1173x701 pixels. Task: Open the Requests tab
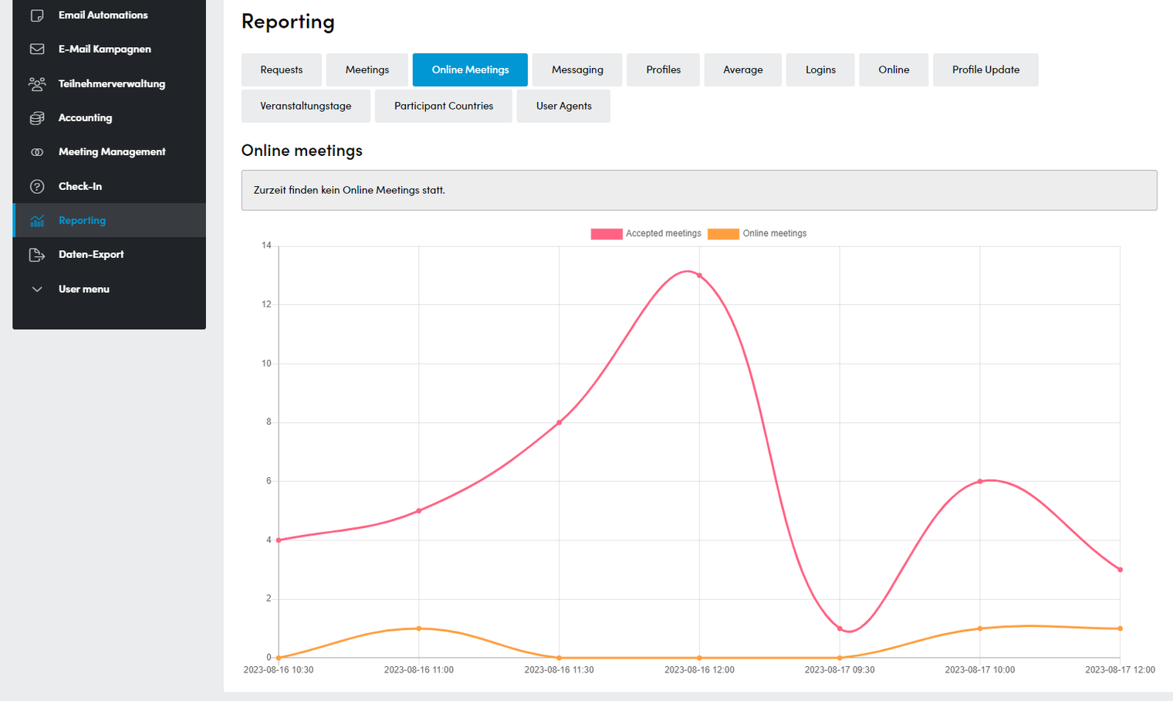[281, 69]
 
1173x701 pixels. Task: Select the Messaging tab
[577, 69]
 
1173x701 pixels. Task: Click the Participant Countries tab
[444, 106]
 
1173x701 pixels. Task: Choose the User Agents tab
[563, 106]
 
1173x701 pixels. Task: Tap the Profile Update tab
[985, 69]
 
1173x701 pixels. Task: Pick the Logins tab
[820, 69]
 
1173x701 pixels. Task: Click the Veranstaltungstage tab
[306, 106]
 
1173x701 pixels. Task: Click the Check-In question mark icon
[37, 187]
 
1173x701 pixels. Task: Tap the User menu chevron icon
[37, 290]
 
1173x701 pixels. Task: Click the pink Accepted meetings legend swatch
[607, 234]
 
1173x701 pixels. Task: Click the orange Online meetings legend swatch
[723, 234]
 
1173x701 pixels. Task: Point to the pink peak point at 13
[699, 276]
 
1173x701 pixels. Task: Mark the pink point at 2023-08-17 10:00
[980, 482]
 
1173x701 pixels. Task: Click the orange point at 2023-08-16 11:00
[419, 628]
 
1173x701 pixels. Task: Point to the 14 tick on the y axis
[266, 246]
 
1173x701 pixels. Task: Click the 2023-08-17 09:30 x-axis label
[840, 669]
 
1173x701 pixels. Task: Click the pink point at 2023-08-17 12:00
[1120, 570]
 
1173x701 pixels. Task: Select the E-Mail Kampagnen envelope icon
[37, 49]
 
